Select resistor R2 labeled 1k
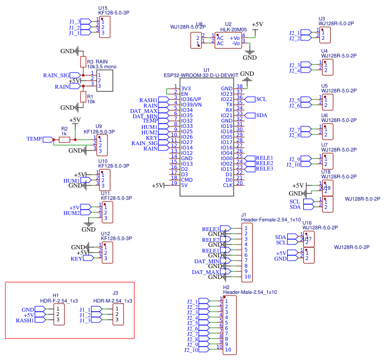click(64, 139)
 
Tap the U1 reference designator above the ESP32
click(206, 70)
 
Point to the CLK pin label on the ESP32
click(228, 185)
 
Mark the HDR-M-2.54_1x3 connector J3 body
click(119, 315)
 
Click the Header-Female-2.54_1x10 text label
click(263, 220)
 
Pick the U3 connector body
click(324, 35)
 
